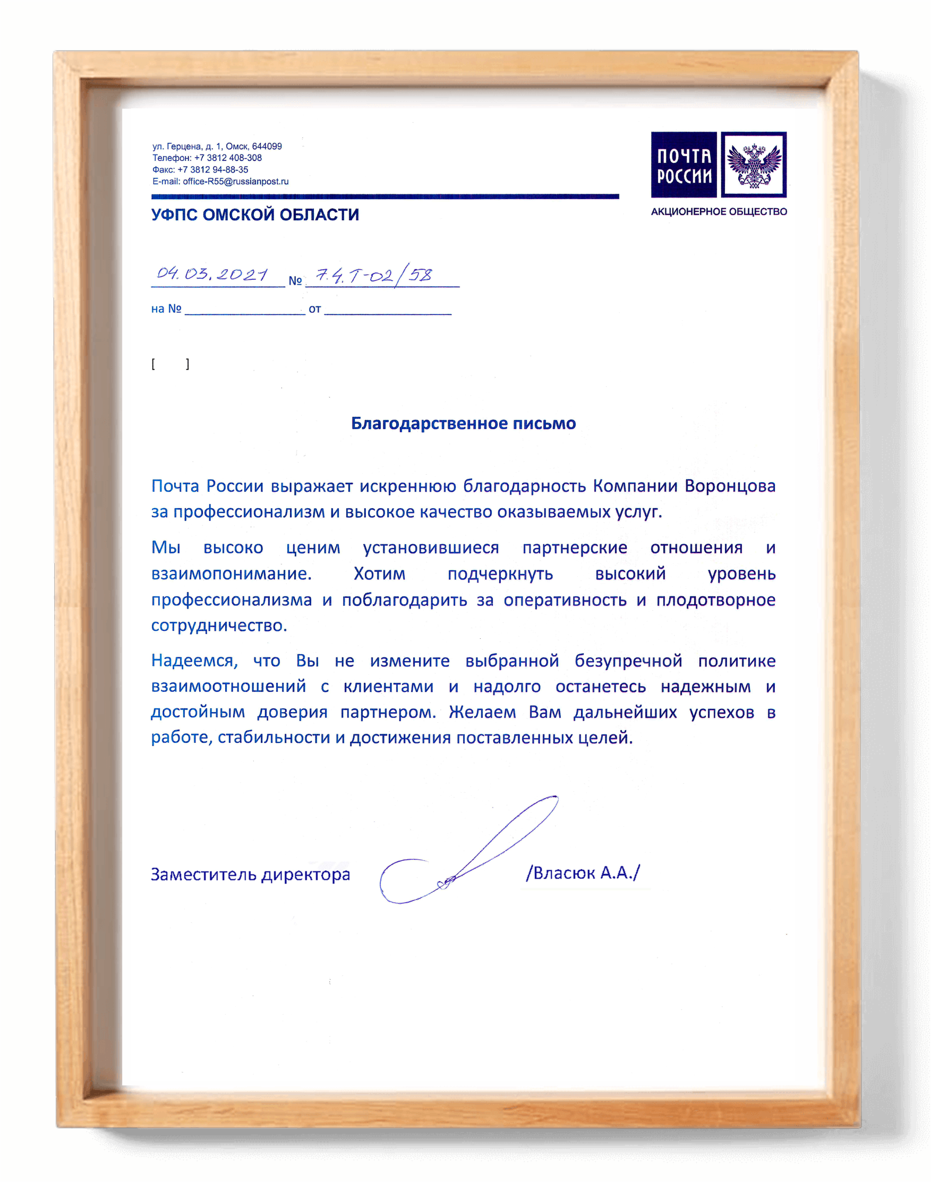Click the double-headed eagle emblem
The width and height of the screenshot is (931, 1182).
[753, 165]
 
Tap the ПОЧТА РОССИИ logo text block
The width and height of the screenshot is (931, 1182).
[684, 165]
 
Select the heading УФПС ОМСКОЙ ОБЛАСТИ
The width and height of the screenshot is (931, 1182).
[255, 215]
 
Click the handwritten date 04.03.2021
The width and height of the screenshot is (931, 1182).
[212, 273]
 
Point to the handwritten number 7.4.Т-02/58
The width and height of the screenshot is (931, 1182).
[374, 275]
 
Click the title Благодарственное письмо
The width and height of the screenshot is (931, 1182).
[463, 423]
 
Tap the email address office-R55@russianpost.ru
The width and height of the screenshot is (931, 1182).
[235, 182]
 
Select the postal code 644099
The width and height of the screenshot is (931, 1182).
[267, 146]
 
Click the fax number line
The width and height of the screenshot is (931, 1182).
[200, 169]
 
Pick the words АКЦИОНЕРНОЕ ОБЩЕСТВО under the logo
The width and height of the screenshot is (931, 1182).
[719, 211]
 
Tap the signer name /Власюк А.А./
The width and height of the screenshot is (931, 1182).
[583, 872]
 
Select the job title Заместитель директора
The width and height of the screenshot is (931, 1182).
[250, 874]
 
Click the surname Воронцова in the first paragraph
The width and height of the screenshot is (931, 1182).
[729, 485]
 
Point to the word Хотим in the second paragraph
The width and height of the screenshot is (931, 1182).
[379, 573]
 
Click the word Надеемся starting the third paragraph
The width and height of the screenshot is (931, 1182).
[194, 661]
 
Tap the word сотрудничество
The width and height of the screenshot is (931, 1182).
[219, 625]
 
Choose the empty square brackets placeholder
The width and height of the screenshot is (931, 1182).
[170, 364]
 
